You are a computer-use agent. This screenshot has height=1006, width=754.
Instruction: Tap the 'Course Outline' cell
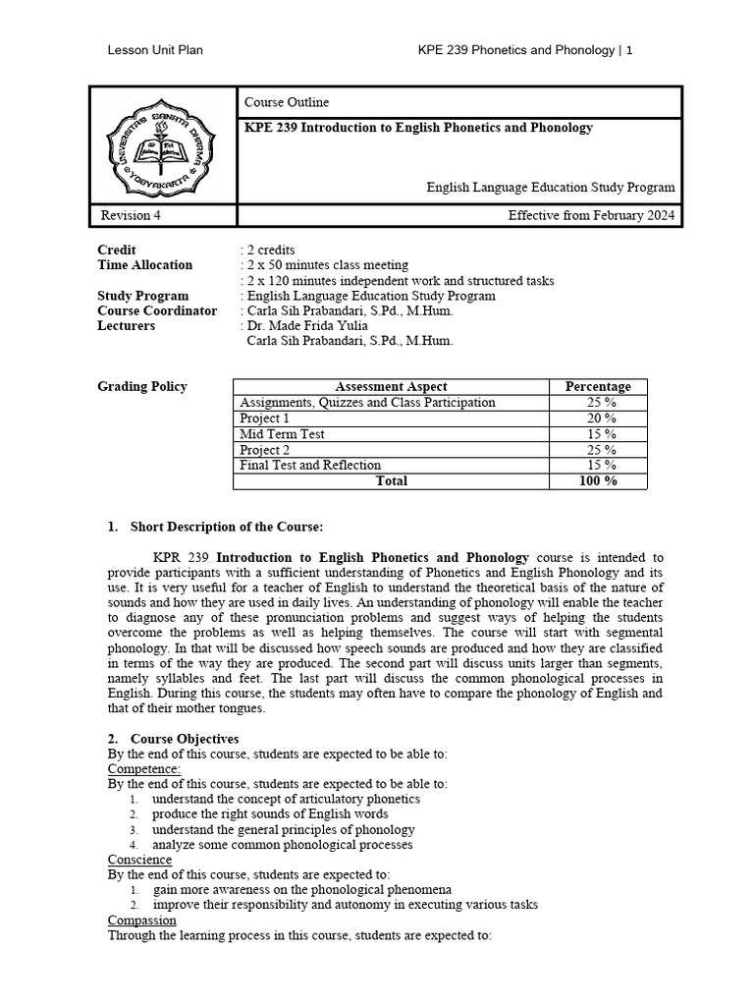(287, 103)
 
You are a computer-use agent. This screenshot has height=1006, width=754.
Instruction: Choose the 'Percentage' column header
(598, 387)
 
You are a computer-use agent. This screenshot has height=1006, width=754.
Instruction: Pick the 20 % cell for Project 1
(598, 419)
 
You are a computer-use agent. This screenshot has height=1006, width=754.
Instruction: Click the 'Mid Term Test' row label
(283, 434)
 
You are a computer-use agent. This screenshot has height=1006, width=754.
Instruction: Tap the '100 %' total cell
(598, 481)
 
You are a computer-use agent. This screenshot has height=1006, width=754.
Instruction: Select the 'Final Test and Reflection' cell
(311, 466)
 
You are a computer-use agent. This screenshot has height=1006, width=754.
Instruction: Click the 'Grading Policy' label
(142, 387)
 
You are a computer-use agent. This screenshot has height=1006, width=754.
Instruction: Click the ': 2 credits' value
(267, 250)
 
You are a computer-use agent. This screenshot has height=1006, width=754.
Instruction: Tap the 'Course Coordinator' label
(157, 311)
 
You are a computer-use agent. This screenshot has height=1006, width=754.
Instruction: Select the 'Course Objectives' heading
(181, 739)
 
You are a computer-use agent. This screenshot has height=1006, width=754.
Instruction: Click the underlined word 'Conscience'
(139, 861)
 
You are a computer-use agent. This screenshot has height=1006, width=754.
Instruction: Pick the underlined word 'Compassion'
(141, 921)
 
